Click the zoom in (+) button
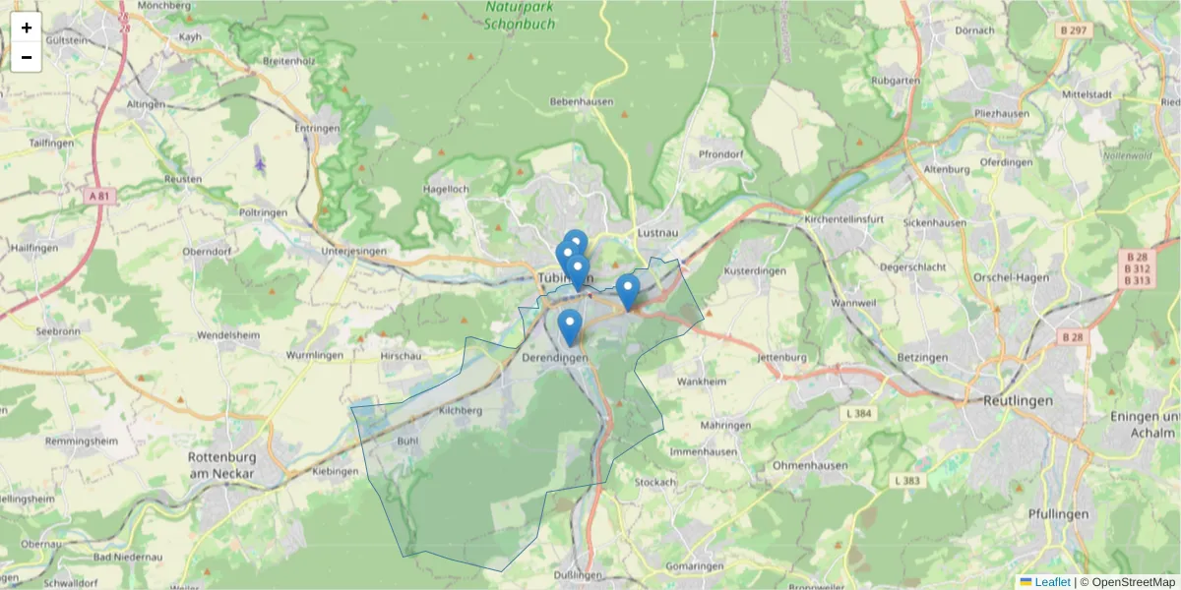pyautogui.click(x=27, y=28)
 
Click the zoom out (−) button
pyautogui.click(x=27, y=57)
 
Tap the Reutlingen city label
pyautogui.click(x=1018, y=401)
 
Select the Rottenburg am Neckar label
pyautogui.click(x=221, y=465)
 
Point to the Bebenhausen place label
pyautogui.click(x=581, y=101)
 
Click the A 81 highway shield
pyautogui.click(x=99, y=196)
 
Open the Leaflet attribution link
pyautogui.click(x=1052, y=582)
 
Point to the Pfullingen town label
pyautogui.click(x=1058, y=514)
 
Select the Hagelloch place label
pyautogui.click(x=445, y=188)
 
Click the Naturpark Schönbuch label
pyautogui.click(x=521, y=15)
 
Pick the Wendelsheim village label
pyautogui.click(x=227, y=334)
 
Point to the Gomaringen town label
pyautogui.click(x=694, y=566)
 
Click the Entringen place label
pyautogui.click(x=317, y=129)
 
